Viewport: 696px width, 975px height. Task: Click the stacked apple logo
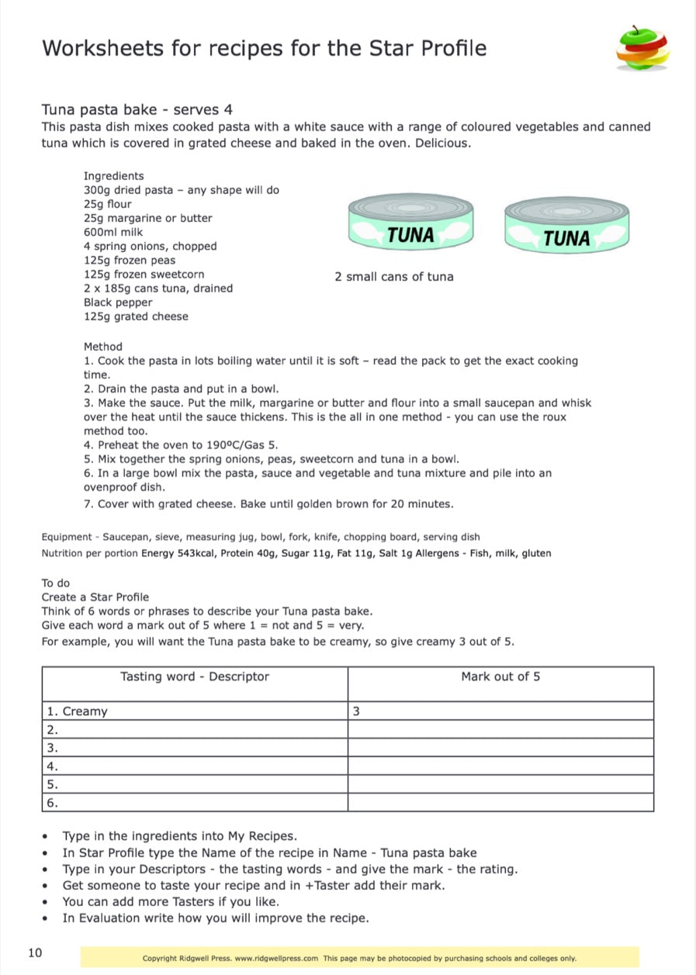point(642,48)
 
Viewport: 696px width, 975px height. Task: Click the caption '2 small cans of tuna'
point(394,277)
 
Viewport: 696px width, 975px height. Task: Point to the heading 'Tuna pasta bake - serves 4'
point(137,109)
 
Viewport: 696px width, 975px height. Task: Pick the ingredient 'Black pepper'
point(118,303)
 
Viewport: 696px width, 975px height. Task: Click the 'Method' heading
point(103,347)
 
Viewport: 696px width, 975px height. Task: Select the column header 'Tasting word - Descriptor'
point(195,676)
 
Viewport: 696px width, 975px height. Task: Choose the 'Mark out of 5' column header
point(500,676)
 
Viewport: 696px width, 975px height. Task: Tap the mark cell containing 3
point(356,711)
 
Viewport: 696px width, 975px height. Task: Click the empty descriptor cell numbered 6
point(194,803)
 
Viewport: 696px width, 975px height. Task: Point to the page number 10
point(35,953)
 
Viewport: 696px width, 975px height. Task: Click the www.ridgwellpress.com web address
point(276,959)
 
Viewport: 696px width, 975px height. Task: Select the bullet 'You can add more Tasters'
point(171,901)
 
